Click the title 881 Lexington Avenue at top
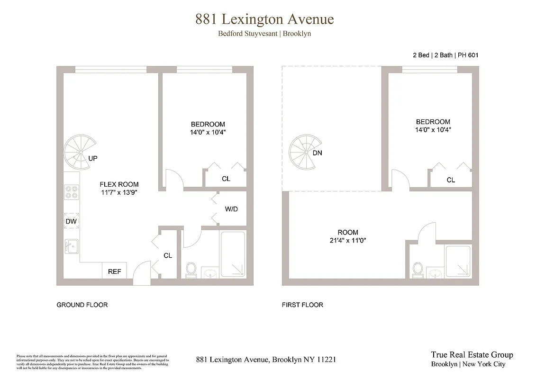264,19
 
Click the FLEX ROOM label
119,184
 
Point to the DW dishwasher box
72,221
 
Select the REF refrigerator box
114,271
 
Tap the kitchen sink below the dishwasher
72,246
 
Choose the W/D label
231,208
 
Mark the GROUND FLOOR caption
82,305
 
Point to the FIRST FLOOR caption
302,305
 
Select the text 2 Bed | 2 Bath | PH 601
445,55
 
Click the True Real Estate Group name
472,355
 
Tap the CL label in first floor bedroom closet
451,180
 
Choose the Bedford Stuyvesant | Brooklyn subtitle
264,34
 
